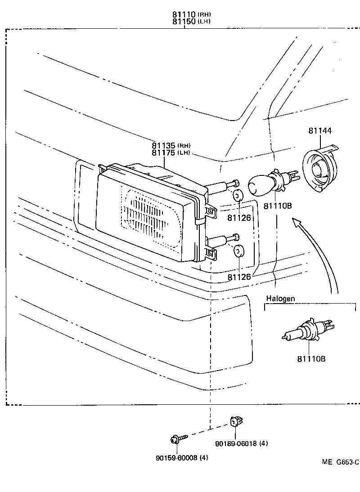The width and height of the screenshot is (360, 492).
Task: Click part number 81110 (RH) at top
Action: point(191,14)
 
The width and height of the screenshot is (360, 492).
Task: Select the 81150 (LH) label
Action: point(191,21)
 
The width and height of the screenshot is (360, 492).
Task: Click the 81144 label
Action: point(320,131)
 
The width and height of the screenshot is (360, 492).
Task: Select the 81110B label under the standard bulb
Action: point(278,206)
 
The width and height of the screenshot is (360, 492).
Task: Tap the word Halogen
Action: point(280,298)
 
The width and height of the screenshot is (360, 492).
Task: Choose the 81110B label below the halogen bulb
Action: point(311,359)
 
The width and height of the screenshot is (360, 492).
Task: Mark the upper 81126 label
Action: point(238,218)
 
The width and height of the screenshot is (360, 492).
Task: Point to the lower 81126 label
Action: point(238,277)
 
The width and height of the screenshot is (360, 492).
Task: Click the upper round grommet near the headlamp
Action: point(238,196)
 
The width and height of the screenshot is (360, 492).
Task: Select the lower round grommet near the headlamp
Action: point(238,251)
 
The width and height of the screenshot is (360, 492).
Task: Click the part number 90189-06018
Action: point(241,443)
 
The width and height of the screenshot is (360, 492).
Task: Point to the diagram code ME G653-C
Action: point(340,462)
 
